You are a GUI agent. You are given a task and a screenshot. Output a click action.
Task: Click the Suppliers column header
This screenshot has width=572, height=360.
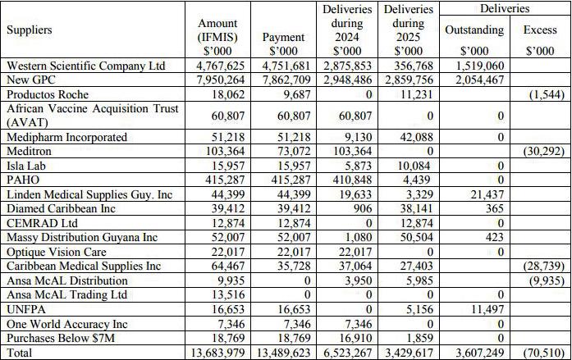click(30, 30)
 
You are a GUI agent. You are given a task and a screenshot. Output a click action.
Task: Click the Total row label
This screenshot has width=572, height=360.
click(20, 353)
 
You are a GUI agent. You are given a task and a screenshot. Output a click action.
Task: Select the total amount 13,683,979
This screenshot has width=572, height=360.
click(220, 353)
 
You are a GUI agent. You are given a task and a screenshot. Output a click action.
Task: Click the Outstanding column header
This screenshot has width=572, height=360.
click(474, 30)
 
